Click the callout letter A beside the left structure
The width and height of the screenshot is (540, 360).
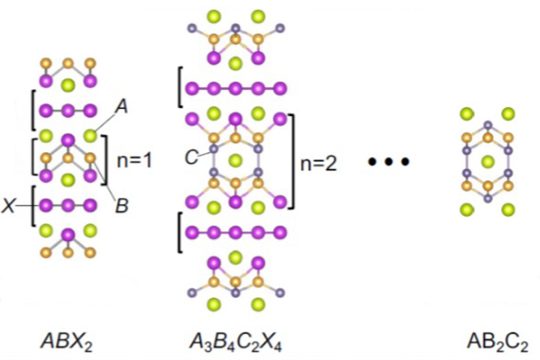[x=122, y=106]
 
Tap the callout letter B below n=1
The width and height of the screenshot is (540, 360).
[x=122, y=206]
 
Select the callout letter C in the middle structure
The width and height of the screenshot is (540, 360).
[x=191, y=158]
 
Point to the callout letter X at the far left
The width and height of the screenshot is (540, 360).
[x=9, y=206]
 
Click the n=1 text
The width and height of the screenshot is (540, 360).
[x=134, y=161]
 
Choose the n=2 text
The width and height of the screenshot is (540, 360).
[x=318, y=164]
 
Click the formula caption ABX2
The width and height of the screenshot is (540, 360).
[x=67, y=342]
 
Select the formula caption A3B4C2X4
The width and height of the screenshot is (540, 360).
[x=235, y=342]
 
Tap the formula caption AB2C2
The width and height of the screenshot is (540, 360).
[x=497, y=342]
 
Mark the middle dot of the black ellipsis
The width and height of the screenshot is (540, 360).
[x=389, y=162]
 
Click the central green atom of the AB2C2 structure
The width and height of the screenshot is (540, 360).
[x=487, y=162]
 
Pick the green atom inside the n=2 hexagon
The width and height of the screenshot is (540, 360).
[x=235, y=160]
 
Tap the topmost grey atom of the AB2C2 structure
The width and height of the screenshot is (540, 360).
[x=488, y=125]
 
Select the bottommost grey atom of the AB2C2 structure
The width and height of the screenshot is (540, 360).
[x=488, y=198]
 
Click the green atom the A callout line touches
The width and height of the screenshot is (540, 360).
[x=90, y=135]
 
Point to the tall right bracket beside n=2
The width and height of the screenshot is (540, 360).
[x=292, y=161]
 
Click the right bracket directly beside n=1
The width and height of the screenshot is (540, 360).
[x=104, y=160]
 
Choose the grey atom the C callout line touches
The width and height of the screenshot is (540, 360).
[x=214, y=149]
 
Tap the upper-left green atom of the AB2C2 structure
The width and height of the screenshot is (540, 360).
[x=467, y=114]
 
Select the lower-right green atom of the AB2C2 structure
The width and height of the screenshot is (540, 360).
[x=508, y=209]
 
